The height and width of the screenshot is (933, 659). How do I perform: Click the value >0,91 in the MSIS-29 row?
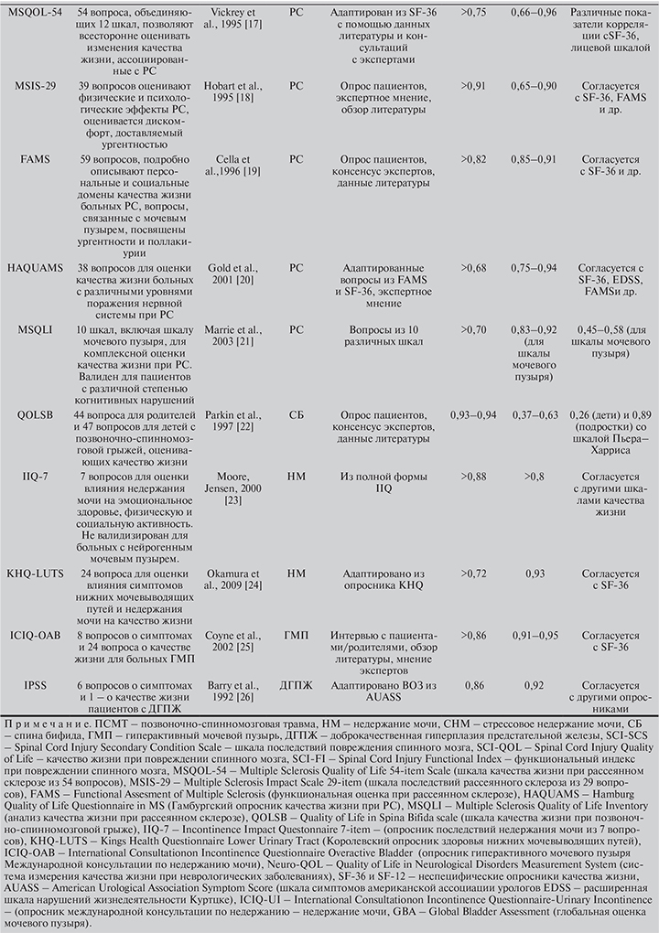click(473, 85)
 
